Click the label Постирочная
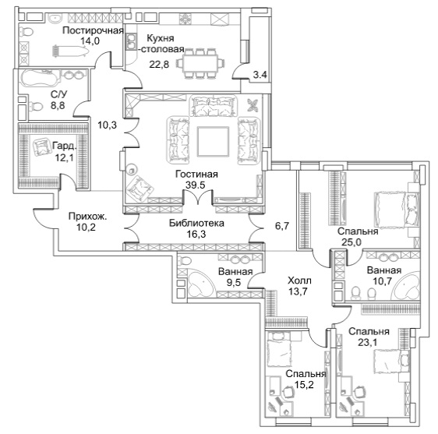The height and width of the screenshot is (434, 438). (93, 30)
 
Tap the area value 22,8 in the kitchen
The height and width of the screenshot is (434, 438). (159, 65)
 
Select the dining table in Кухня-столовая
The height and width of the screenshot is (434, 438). (200, 64)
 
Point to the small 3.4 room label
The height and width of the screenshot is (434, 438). (260, 75)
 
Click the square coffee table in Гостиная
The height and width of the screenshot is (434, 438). (213, 142)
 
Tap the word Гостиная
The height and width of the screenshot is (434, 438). (196, 175)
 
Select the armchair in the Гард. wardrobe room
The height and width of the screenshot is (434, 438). (42, 147)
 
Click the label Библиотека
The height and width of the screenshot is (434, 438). (196, 223)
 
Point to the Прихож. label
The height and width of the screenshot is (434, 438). (87, 217)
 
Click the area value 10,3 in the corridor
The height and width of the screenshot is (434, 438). (107, 125)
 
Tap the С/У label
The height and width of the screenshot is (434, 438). (59, 94)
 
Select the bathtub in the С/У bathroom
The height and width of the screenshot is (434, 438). (41, 78)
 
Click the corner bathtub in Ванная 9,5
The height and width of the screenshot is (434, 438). (200, 283)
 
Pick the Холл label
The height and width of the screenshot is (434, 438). (299, 281)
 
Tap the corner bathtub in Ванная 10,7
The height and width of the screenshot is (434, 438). (407, 285)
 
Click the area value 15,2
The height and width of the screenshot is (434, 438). (304, 385)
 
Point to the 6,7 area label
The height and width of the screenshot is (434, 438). (282, 226)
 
